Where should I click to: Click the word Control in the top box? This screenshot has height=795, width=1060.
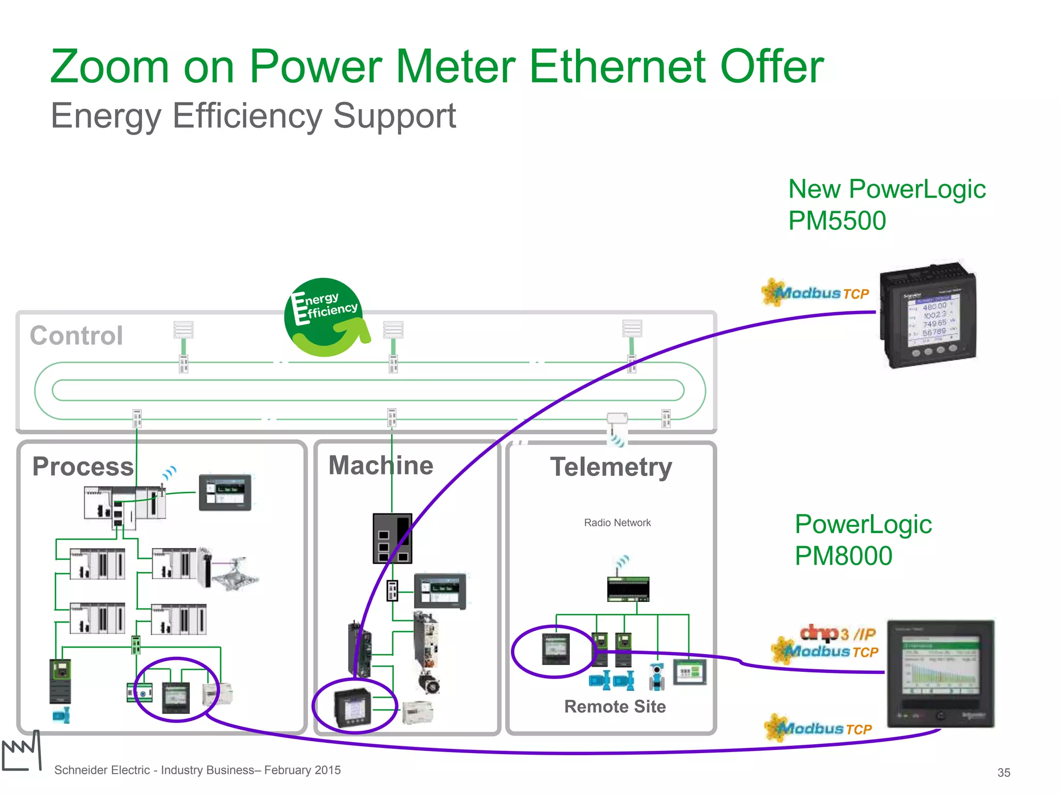click(77, 335)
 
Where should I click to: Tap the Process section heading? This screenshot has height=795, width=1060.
click(83, 466)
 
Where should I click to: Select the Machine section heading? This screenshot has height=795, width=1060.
click(381, 465)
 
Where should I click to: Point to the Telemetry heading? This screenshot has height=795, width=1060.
click(611, 467)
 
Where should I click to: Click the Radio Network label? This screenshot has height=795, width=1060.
click(617, 523)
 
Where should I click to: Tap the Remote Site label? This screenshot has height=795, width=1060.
click(615, 706)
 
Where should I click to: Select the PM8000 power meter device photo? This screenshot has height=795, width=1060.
click(940, 673)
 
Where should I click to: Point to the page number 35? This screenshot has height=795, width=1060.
click(1004, 773)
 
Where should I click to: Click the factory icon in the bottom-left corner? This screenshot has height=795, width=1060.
click(22, 752)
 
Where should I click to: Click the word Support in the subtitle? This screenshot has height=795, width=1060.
click(394, 115)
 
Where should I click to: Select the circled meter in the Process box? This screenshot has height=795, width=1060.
click(175, 697)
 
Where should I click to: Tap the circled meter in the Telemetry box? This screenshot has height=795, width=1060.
click(555, 649)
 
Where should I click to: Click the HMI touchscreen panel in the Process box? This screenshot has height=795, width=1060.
click(225, 492)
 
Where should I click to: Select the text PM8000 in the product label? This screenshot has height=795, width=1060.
click(843, 556)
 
